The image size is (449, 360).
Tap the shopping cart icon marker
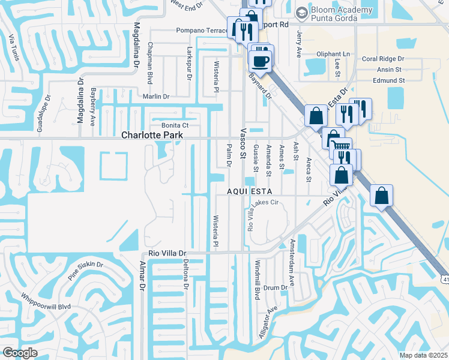pyautogui.click(x=341, y=146)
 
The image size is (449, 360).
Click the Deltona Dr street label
pyautogui.click(x=186, y=275)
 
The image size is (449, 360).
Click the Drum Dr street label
pyautogui.click(x=276, y=288)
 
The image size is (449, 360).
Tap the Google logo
pyautogui.click(x=20, y=352)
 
